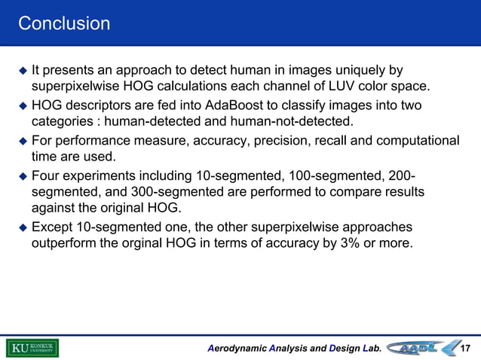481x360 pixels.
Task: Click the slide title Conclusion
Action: [64, 24]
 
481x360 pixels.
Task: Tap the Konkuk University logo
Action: [32, 347]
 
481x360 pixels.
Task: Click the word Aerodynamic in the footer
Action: [239, 348]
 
